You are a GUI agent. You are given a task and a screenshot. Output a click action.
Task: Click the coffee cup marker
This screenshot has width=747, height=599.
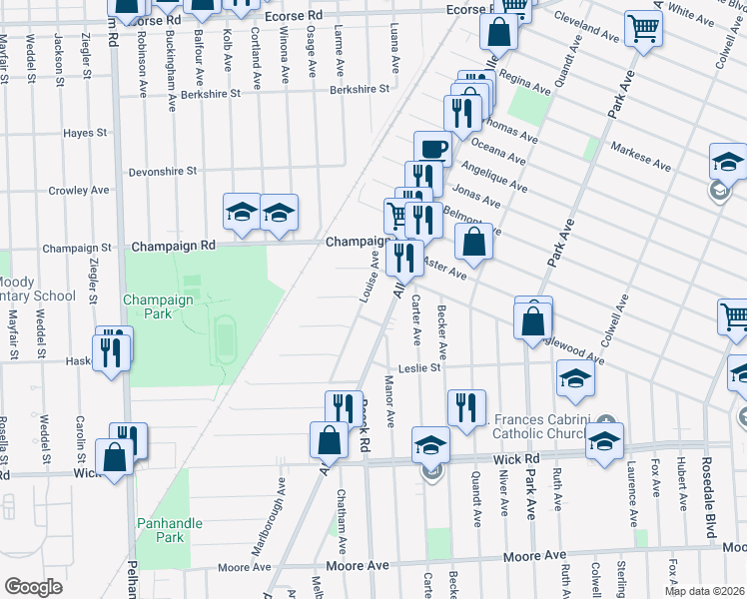click(x=430, y=149)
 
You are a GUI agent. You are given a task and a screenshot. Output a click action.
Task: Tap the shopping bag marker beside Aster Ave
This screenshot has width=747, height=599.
click(x=473, y=243)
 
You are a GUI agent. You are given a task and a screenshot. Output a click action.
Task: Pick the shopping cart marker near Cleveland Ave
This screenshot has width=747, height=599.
click(x=643, y=30)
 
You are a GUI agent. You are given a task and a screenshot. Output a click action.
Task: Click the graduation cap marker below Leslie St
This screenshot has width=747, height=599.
click(x=575, y=379)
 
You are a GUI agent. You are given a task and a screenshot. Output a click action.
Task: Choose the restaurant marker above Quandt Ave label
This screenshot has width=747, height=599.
click(x=466, y=408)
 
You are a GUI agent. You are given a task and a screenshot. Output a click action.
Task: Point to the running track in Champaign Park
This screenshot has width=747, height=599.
click(x=224, y=338)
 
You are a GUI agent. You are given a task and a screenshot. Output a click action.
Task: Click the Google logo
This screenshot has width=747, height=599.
click(x=33, y=587)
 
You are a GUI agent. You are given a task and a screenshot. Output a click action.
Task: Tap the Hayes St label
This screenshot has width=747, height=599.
click(x=85, y=133)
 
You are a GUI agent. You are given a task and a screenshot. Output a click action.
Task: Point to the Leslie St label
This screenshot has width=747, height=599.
click(x=419, y=367)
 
